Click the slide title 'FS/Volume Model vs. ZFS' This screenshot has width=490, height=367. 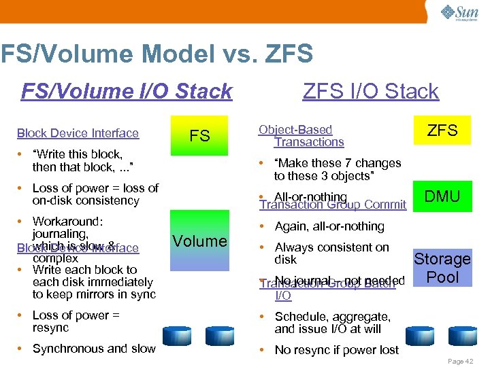point(157,54)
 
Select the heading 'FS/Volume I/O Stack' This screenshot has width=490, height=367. point(127,91)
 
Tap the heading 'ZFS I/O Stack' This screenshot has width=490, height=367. point(370,91)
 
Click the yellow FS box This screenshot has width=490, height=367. point(199,135)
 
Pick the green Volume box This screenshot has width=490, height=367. point(199,241)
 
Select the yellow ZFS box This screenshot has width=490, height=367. point(442,130)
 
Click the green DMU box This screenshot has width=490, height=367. point(442,196)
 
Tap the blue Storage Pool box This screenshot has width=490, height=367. point(442,268)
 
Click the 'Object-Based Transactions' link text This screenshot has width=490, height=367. point(301,136)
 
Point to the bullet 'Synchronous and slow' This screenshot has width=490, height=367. point(94,349)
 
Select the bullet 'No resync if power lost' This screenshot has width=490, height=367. point(336,350)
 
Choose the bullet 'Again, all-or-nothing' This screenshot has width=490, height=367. point(329,226)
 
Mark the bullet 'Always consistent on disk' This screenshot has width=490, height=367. point(331,254)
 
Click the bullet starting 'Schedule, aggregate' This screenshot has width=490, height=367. point(332,323)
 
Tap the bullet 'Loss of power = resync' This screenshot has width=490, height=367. point(76,321)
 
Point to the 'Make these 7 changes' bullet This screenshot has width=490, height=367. point(337,169)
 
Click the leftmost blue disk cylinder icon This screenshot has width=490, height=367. point(176,334)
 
